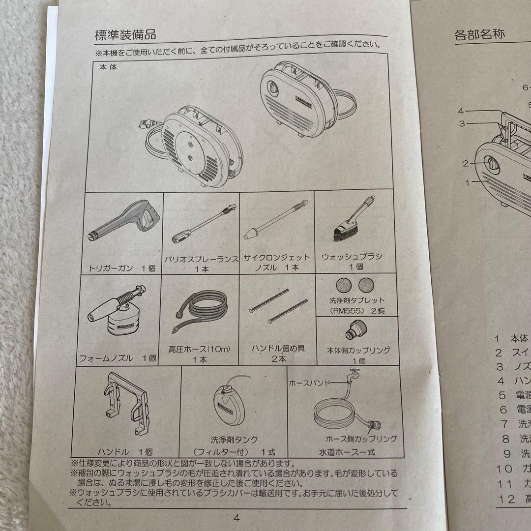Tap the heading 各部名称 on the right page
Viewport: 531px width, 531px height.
[x=479, y=34]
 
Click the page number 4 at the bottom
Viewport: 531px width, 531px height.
[x=236, y=518]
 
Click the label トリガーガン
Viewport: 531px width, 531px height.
[x=108, y=268]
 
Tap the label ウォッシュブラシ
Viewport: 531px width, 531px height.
[x=352, y=257]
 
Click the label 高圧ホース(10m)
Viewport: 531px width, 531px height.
[x=199, y=349]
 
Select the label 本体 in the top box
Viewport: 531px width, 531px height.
[x=104, y=69]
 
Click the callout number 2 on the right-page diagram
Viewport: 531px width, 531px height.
[x=466, y=164]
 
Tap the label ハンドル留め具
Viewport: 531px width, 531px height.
[x=278, y=349]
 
